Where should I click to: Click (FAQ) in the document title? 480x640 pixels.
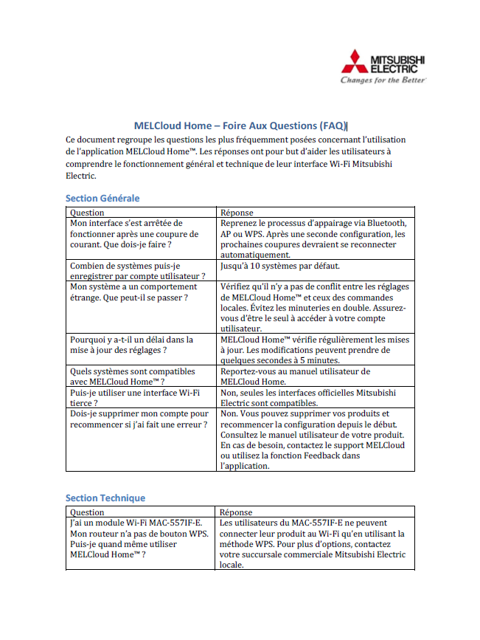(332, 125)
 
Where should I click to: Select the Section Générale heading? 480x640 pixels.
(102, 198)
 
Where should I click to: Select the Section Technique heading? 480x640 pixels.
(105, 498)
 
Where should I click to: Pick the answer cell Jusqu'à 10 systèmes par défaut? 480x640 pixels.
(279, 266)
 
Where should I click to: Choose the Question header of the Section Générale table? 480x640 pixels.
(87, 213)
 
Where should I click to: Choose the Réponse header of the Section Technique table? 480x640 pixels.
(236, 512)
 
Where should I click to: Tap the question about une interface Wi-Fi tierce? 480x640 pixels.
(134, 398)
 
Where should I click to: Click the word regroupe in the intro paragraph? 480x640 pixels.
(142, 139)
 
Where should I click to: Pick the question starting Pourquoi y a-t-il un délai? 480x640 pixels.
(131, 345)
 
